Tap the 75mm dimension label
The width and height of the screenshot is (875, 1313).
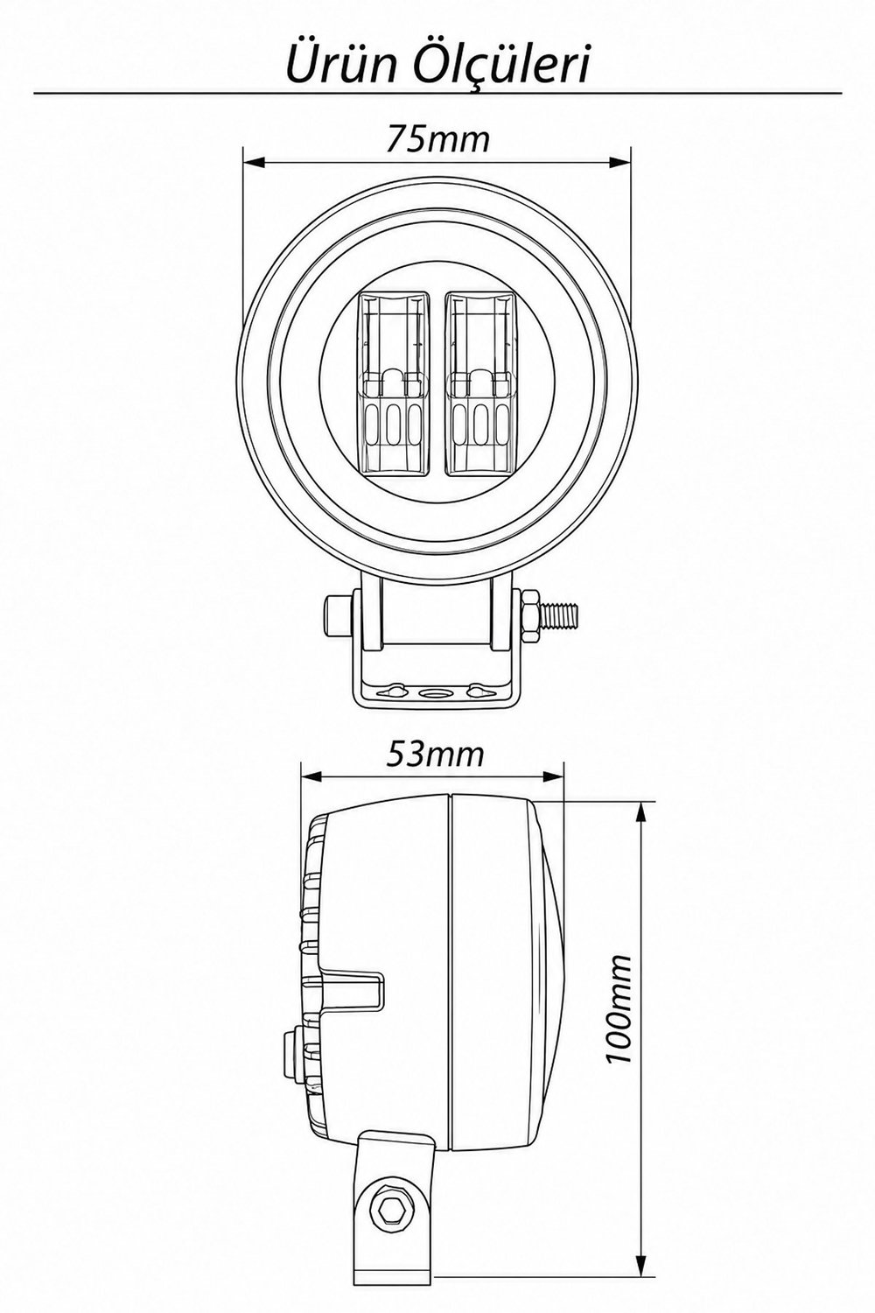pyautogui.click(x=437, y=139)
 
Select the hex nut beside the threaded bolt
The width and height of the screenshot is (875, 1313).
pyautogui.click(x=531, y=615)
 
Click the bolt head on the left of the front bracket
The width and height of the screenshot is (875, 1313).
pyautogui.click(x=338, y=616)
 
